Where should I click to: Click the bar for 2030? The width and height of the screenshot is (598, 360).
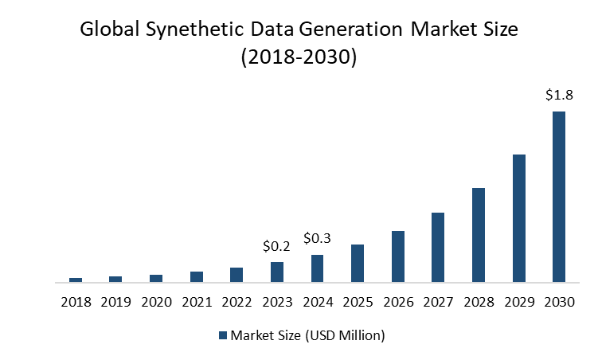pos(559,197)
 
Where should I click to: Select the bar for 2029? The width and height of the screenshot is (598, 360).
pos(518,218)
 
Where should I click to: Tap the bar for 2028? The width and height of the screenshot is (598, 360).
pos(479,235)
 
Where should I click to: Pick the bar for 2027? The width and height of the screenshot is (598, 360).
pos(438,247)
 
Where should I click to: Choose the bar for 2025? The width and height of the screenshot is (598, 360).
pos(358,263)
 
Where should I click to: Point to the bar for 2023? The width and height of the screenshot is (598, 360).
pos(277,272)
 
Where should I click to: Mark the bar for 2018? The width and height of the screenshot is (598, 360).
pos(76,280)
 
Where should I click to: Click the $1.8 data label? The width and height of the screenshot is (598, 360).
pos(559,96)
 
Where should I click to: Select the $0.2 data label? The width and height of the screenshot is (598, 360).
pos(277,246)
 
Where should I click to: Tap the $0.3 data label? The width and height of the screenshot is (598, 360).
pos(317,238)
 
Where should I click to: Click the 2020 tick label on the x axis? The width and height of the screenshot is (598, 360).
pos(156,303)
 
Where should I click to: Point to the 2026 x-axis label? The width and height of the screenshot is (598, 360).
pos(397,303)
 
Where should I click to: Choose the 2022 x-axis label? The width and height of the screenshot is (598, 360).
pos(236,303)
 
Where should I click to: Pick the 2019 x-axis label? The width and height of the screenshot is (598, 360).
pos(115,303)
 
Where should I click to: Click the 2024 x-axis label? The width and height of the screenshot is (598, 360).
pos(317,303)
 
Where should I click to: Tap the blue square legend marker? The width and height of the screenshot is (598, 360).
pos(223,335)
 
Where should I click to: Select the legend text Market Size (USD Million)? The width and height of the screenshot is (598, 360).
pos(307,335)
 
